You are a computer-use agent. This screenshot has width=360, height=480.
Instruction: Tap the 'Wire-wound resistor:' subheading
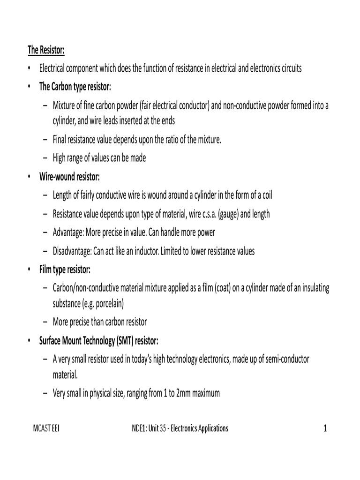(x=69, y=177)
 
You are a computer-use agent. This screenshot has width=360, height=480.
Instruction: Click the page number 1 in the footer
(x=324, y=428)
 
